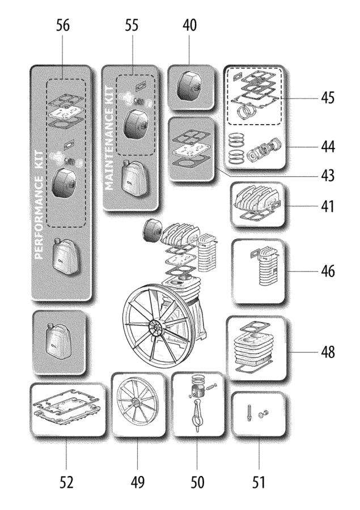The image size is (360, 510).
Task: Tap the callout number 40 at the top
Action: click(190, 26)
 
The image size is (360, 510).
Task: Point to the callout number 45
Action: click(326, 98)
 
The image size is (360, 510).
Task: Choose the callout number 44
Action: click(326, 147)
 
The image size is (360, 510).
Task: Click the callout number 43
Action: click(326, 176)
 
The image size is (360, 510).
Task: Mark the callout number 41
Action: click(326, 207)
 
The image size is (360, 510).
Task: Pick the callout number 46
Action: click(326, 271)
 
